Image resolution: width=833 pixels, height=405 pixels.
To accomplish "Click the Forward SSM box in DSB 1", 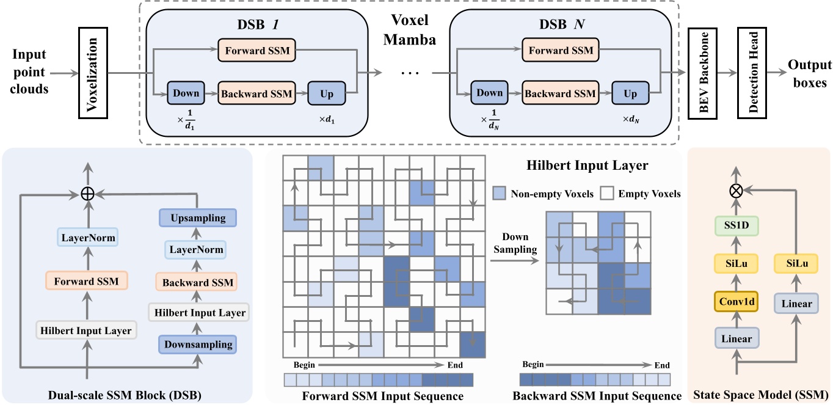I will [x=257, y=51].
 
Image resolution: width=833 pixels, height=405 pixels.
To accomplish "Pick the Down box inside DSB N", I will [x=487, y=93].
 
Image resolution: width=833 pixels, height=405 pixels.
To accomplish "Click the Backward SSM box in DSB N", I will [x=559, y=93].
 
